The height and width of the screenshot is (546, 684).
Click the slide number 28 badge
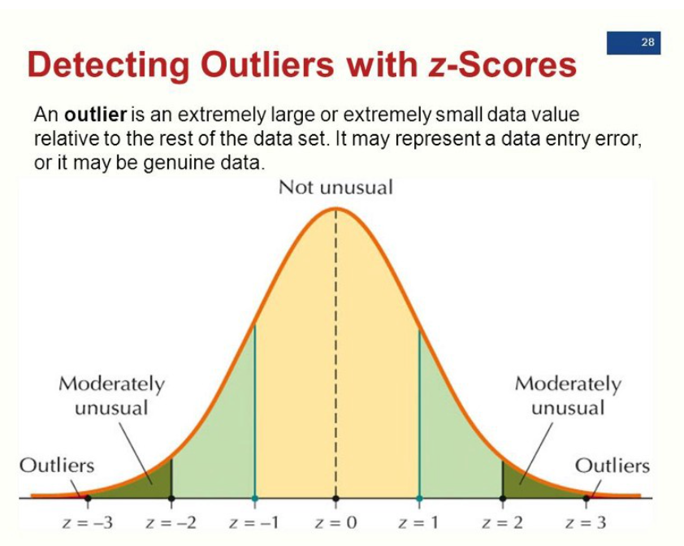click(633, 43)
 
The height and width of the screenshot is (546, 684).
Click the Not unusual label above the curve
click(336, 188)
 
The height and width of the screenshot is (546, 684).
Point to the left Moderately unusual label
click(111, 395)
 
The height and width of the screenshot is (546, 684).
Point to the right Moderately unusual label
click(568, 395)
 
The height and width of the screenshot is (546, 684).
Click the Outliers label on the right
click(613, 466)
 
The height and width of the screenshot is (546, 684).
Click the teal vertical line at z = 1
click(419, 414)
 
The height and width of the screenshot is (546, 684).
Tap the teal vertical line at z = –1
click(254, 414)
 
